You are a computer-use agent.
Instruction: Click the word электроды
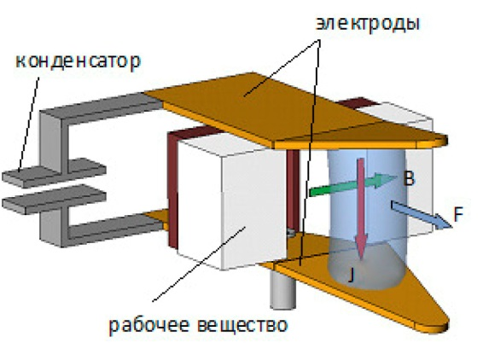point(367,23)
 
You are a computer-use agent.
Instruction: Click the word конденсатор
point(78,61)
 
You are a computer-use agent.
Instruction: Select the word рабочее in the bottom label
point(149,325)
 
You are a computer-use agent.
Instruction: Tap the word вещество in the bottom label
point(242,324)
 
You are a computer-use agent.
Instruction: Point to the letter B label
point(409,178)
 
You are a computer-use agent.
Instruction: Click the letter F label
point(458,214)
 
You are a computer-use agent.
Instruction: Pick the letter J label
point(352,275)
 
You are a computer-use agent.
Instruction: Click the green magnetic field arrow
point(352,184)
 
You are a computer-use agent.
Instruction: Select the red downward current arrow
point(361,209)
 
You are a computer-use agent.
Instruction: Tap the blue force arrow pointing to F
point(422,215)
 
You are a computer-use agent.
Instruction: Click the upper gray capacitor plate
point(55,172)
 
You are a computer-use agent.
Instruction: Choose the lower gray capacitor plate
point(55,199)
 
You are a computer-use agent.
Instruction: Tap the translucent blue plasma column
point(368,218)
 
